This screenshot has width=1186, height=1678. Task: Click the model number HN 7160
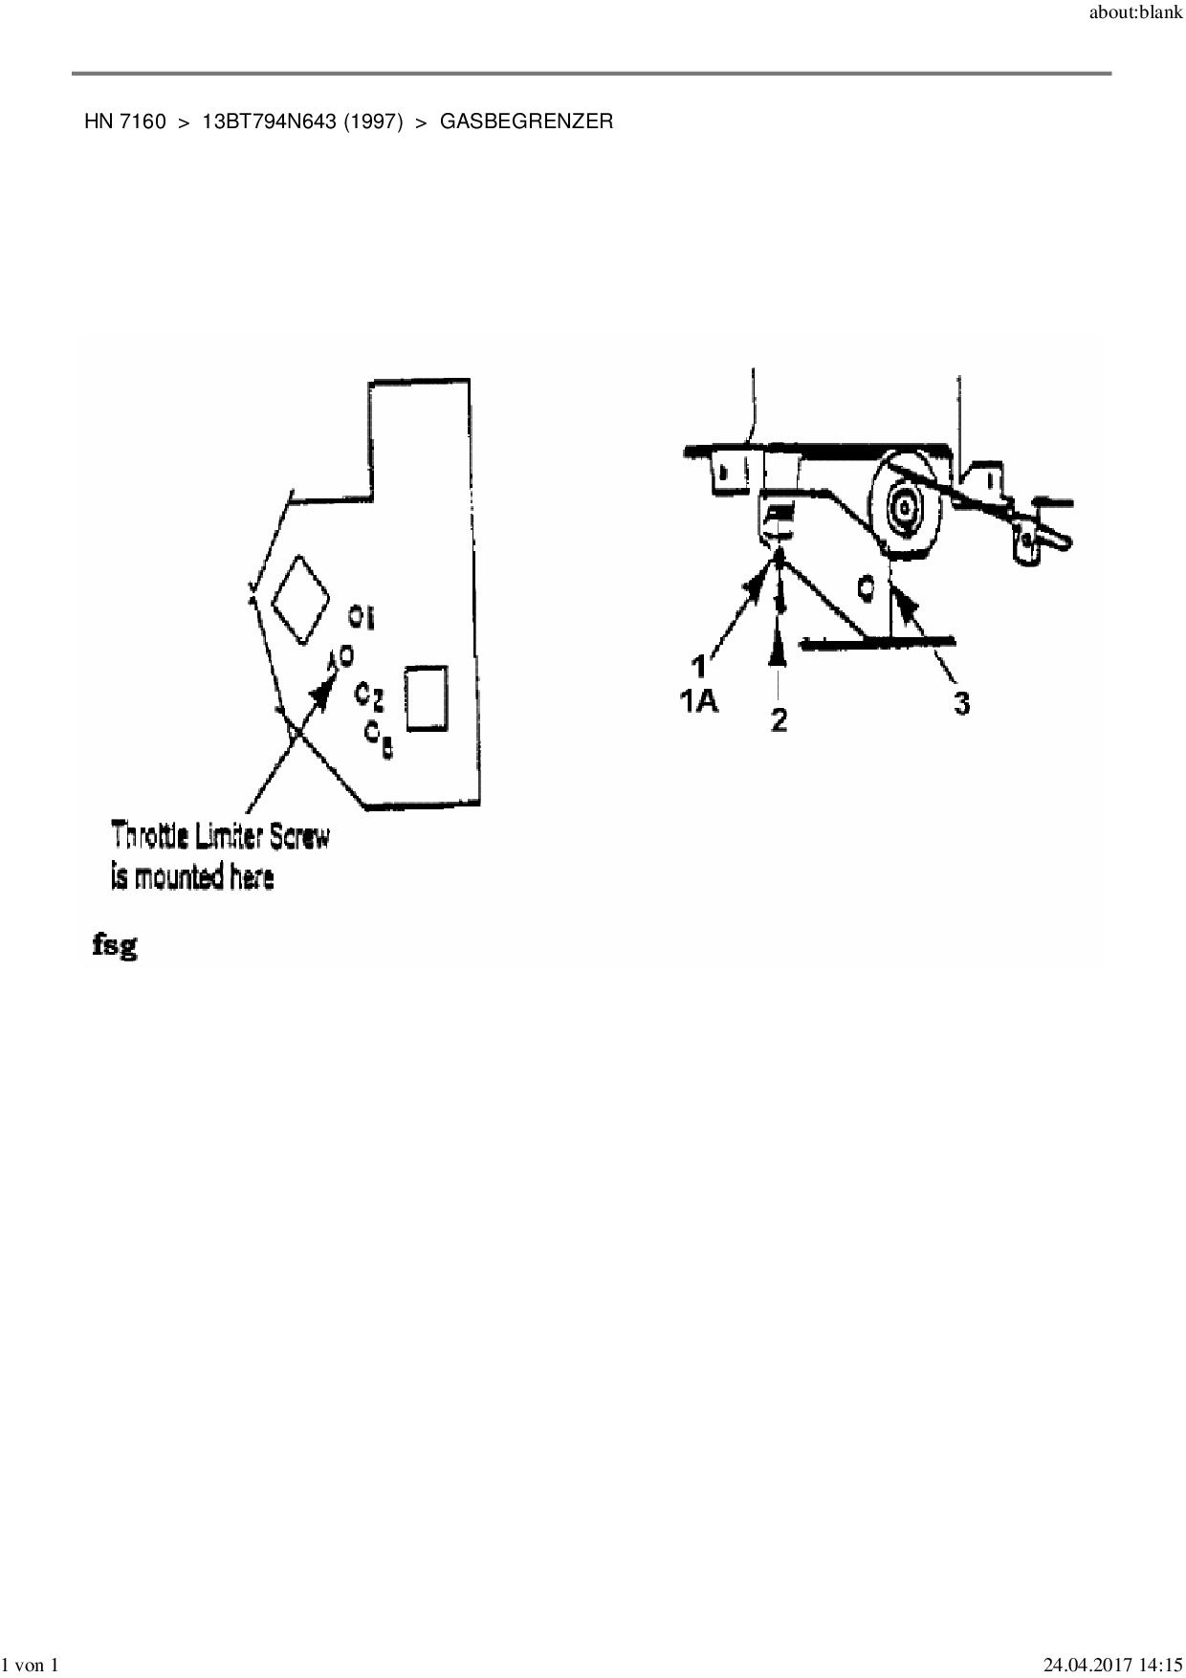[124, 121]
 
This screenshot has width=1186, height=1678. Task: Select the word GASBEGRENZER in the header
[526, 121]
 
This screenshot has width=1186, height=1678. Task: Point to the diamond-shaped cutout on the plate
[300, 600]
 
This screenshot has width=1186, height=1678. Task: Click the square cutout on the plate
[427, 697]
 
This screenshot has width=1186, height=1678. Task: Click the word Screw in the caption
[298, 836]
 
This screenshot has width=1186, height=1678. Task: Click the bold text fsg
[114, 947]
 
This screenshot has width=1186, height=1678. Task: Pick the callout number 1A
[699, 701]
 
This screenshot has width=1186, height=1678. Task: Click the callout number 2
[780, 718]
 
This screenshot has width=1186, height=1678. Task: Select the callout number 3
[961, 703]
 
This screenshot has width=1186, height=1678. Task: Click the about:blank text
[1135, 14]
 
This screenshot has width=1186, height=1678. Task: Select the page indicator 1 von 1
[32, 1666]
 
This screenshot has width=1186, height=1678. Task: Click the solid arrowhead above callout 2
[780, 650]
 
